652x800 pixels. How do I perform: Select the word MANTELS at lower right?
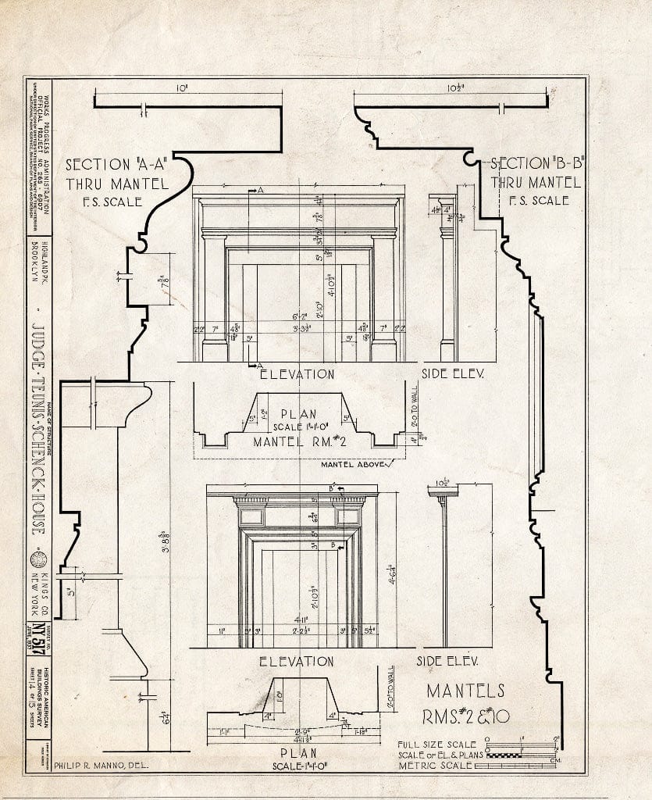click(465, 691)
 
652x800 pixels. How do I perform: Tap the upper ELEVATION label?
click(297, 374)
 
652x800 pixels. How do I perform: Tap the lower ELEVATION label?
click(297, 661)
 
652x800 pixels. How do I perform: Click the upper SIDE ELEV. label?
click(453, 373)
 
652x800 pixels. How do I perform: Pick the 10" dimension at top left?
click(182, 89)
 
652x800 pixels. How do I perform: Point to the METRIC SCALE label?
click(435, 765)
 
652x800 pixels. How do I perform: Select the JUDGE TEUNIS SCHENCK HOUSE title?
click(37, 430)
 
